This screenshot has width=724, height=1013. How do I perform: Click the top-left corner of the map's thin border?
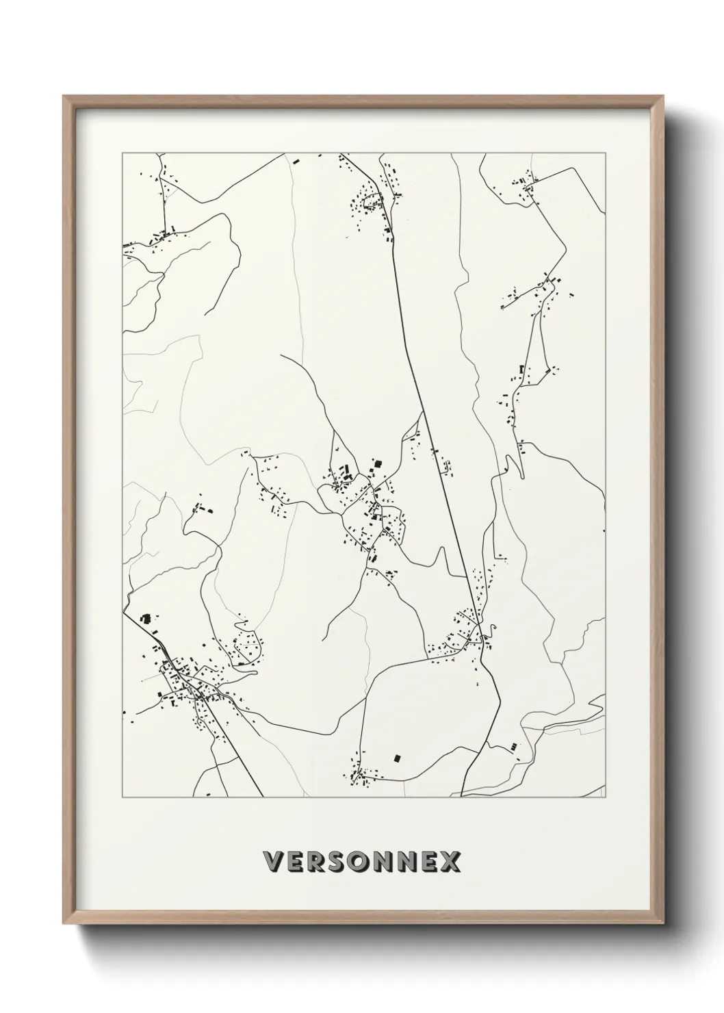pos(122,153)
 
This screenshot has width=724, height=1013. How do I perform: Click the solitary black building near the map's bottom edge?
pos(396,758)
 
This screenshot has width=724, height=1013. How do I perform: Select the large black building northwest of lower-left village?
pos(144,618)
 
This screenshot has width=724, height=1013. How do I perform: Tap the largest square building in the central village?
pos(376,465)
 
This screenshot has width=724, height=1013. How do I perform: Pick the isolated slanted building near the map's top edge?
pos(296,162)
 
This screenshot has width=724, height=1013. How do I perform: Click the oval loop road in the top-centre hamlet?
pos(373,201)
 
